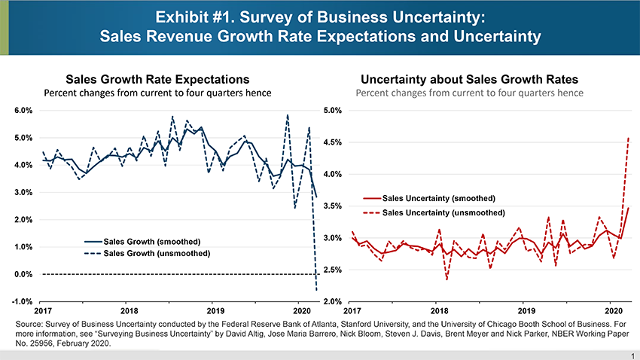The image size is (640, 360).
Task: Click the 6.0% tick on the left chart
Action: pos(22,111)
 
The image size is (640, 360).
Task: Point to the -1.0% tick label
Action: pos(21,302)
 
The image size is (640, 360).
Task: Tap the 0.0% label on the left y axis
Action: pos(22,274)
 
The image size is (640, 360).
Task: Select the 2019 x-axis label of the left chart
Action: pos(215,310)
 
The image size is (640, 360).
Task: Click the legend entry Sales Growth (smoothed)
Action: pos(151,241)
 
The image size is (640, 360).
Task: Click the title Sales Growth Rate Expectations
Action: pos(157,79)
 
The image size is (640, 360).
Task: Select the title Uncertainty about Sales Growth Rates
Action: pos(469,79)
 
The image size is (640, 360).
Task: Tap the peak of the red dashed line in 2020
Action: pos(628,138)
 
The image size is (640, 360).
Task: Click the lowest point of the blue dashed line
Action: pos(316,291)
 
